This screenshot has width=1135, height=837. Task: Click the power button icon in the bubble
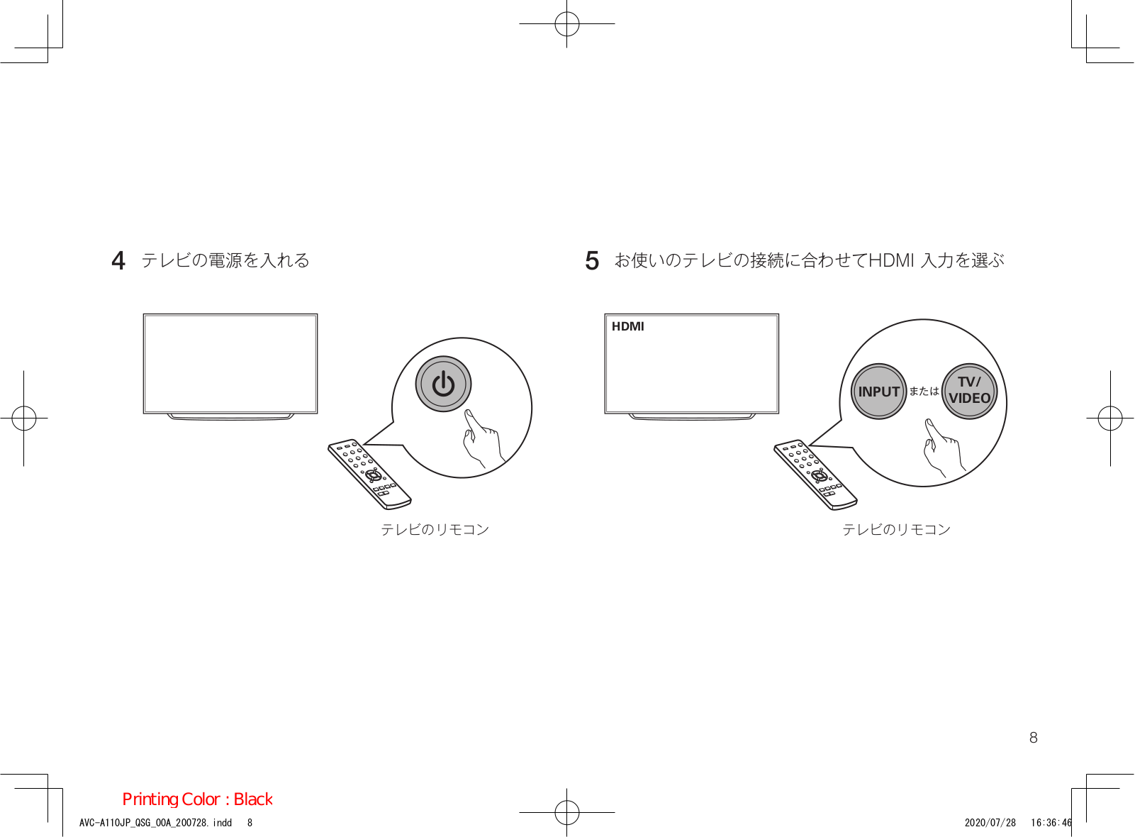pyautogui.click(x=443, y=384)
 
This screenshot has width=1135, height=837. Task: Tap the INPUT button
pyautogui.click(x=878, y=392)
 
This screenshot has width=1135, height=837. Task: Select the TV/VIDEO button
pyautogui.click(x=969, y=391)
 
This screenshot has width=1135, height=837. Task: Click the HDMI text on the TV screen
pyautogui.click(x=627, y=326)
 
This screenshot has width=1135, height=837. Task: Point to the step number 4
pyautogui.click(x=118, y=261)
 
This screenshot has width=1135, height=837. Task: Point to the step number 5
pyautogui.click(x=592, y=261)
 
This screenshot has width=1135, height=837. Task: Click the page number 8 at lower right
pyautogui.click(x=1033, y=738)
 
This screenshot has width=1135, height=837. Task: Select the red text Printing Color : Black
pyautogui.click(x=197, y=799)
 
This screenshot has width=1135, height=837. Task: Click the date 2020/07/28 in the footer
pyautogui.click(x=990, y=823)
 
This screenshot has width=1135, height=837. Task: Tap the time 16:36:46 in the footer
pyautogui.click(x=1051, y=823)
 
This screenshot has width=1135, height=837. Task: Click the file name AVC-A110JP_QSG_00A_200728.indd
pyautogui.click(x=155, y=823)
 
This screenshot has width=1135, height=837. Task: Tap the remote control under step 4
pyautogui.click(x=369, y=474)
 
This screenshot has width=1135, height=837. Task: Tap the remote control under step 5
pyautogui.click(x=815, y=474)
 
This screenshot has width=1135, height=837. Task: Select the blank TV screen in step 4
pyautogui.click(x=230, y=363)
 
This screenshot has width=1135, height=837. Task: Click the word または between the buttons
pyautogui.click(x=924, y=392)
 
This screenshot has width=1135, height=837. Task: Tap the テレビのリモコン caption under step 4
pyautogui.click(x=435, y=530)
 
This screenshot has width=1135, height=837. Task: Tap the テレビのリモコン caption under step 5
pyautogui.click(x=896, y=530)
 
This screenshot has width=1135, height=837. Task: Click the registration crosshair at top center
pyautogui.click(x=566, y=24)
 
